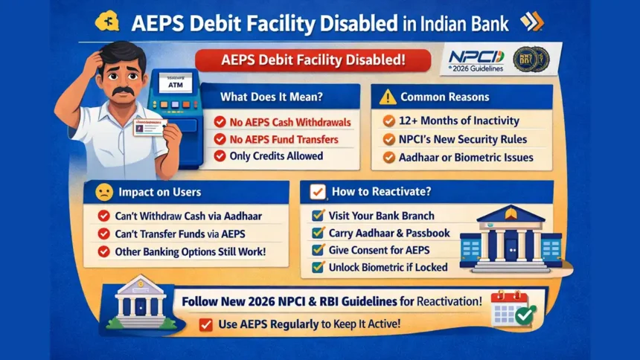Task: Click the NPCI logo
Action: pyautogui.click(x=476, y=60)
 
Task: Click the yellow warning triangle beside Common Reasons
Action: pyautogui.click(x=387, y=97)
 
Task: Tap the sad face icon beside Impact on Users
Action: pyautogui.click(x=104, y=193)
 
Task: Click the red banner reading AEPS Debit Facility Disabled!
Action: pyautogui.click(x=313, y=60)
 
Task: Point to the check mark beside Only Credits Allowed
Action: pyautogui.click(x=220, y=156)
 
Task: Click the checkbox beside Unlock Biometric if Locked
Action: pyautogui.click(x=317, y=267)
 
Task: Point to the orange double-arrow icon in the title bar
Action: pyautogui.click(x=531, y=22)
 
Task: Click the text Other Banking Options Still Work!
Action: pyautogui.click(x=191, y=251)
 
